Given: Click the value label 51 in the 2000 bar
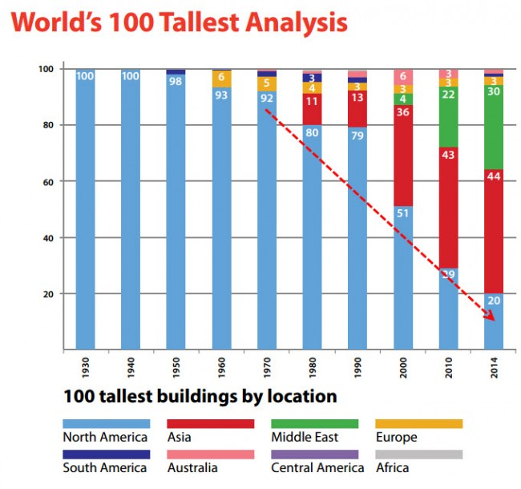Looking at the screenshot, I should point(404,212).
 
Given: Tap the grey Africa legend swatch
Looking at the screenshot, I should point(419,454).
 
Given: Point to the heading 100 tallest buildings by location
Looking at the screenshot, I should point(200,396).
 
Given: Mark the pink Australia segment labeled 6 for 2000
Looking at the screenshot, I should point(404,76).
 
